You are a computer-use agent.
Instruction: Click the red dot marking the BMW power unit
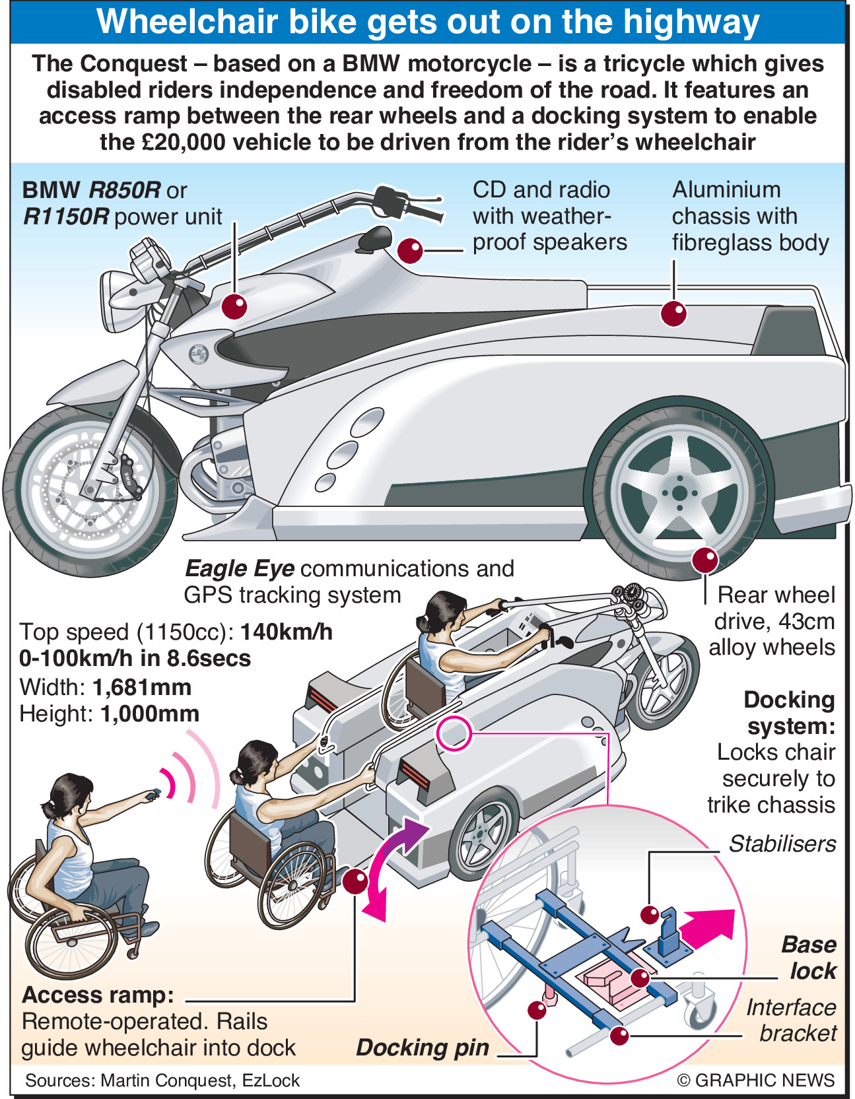click(234, 306)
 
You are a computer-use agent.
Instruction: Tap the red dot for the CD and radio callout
click(410, 251)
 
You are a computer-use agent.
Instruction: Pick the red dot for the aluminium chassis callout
click(673, 312)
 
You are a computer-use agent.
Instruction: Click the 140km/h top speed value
click(287, 632)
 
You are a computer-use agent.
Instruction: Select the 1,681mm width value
click(142, 688)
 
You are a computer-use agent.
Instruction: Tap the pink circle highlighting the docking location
click(454, 733)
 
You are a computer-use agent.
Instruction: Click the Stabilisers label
click(782, 844)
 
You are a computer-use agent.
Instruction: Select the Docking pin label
click(423, 1048)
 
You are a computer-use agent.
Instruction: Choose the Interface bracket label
click(792, 1020)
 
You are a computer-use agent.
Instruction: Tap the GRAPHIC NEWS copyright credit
click(756, 1081)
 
